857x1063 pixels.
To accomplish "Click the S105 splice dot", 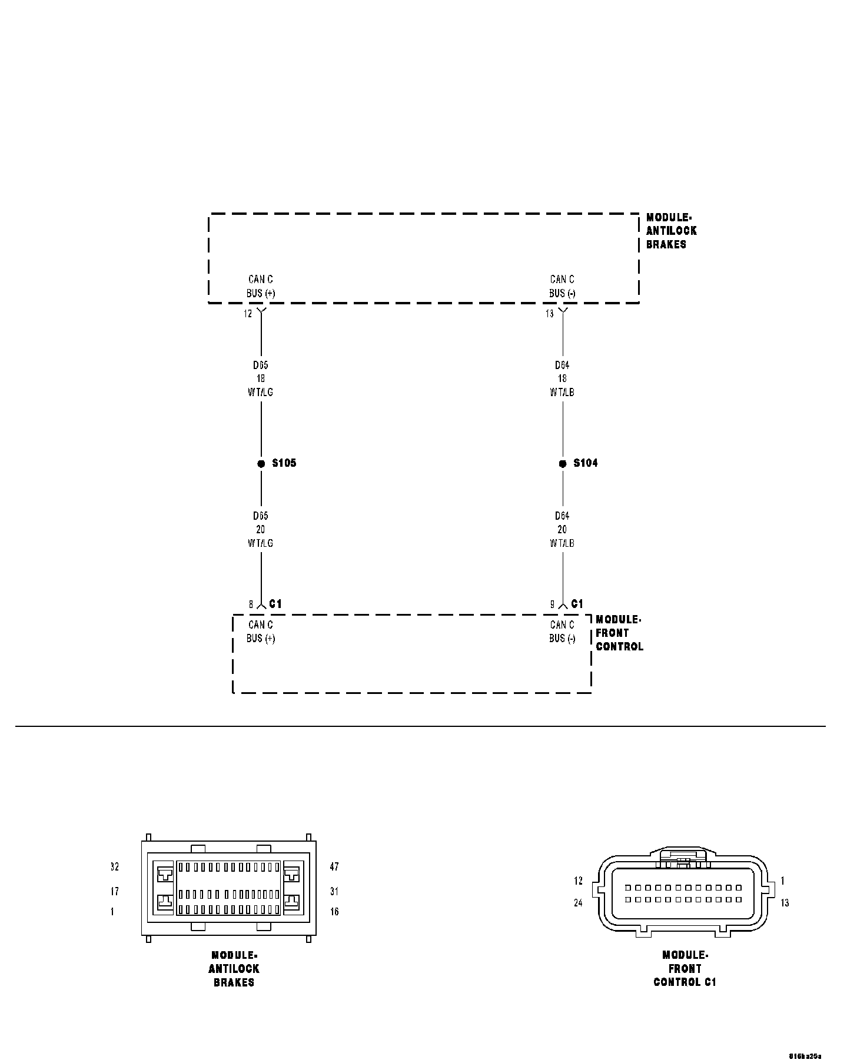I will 261,464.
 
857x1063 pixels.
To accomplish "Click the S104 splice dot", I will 563,464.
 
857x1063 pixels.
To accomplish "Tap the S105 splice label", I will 284,463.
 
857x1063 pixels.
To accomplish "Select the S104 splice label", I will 586,463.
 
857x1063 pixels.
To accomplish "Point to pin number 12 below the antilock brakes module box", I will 248,314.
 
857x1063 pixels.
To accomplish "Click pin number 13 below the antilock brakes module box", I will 549,314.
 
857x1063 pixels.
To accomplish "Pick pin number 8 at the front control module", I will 251,604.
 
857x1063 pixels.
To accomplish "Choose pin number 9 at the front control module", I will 553,604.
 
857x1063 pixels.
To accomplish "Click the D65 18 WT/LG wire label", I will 260,378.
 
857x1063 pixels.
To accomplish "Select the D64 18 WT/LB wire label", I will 562,378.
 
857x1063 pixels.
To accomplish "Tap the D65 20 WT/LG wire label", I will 260,529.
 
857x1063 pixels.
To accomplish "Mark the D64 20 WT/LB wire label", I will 562,529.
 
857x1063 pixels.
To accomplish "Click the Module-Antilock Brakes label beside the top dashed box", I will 671,231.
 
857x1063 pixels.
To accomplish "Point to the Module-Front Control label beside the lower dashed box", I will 619,633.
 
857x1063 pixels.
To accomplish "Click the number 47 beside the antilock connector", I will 334,867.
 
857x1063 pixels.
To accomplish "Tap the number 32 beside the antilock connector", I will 115,867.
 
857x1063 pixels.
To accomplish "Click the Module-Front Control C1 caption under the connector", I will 685,968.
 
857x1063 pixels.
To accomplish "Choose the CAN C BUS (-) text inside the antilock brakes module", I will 562,286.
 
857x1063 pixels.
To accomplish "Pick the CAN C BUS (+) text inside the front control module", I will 261,632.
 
